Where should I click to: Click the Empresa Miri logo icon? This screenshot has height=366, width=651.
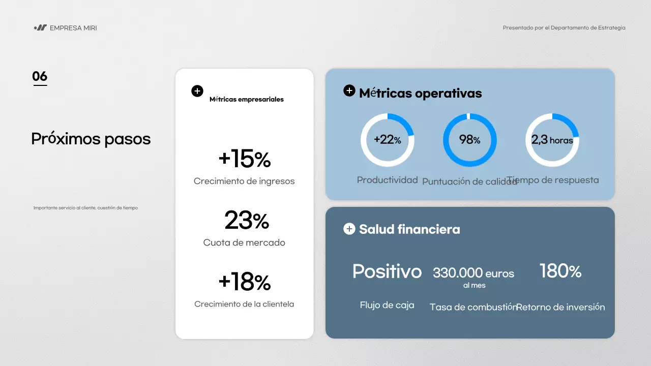click(40, 28)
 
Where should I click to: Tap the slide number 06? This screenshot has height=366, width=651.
click(40, 76)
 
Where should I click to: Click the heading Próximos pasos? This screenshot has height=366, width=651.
click(91, 139)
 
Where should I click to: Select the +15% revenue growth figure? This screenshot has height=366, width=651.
click(244, 159)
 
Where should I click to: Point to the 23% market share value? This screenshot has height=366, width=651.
click(247, 221)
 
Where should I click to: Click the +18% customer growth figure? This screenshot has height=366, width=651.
click(244, 282)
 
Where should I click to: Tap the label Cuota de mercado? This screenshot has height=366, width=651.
click(244, 242)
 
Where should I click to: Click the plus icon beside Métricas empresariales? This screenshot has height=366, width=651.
click(197, 91)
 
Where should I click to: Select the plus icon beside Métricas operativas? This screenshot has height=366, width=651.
click(349, 91)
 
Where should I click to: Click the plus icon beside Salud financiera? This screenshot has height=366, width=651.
click(349, 229)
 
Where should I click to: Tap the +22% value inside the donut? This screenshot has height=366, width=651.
click(388, 140)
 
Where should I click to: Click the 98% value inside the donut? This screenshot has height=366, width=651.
click(470, 139)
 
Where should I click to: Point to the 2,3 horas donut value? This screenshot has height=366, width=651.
click(552, 140)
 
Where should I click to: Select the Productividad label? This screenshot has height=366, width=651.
click(388, 180)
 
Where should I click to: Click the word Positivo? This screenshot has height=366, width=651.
click(387, 271)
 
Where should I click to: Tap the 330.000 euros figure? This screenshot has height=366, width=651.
click(474, 273)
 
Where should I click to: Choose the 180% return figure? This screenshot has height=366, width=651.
click(560, 271)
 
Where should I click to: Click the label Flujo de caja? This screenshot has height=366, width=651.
click(387, 305)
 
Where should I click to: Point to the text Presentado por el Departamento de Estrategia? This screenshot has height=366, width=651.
click(564, 28)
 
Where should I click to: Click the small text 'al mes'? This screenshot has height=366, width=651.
click(474, 286)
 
